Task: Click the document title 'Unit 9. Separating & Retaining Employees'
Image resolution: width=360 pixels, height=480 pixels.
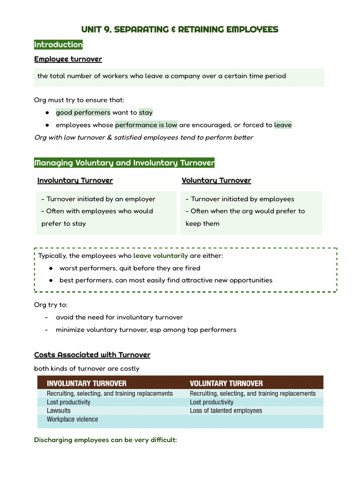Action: click(x=180, y=30)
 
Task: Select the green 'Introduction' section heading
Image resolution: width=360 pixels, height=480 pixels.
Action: click(x=58, y=45)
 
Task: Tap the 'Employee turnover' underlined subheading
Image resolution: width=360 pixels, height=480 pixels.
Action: click(x=68, y=59)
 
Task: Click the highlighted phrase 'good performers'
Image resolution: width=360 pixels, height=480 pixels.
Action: click(x=83, y=112)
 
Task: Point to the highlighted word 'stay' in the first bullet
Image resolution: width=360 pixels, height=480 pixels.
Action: click(x=145, y=112)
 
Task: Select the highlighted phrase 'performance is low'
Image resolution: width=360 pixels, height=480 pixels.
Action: click(x=146, y=125)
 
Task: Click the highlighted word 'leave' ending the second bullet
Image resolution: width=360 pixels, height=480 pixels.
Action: click(x=283, y=125)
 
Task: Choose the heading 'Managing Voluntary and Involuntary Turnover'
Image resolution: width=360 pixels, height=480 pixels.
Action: click(x=124, y=163)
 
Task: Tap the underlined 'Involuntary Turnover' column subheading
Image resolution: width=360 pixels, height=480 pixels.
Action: click(x=75, y=180)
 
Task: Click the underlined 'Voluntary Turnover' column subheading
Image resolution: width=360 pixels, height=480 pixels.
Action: click(x=216, y=180)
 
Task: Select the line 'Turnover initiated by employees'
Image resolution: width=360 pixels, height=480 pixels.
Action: click(x=240, y=199)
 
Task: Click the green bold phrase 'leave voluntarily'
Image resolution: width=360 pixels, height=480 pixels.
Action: click(x=160, y=256)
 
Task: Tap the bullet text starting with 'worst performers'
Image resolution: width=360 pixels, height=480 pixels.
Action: click(x=130, y=268)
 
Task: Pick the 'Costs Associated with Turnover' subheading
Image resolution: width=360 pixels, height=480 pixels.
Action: click(x=92, y=355)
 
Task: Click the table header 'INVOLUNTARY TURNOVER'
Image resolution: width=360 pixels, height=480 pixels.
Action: click(x=87, y=383)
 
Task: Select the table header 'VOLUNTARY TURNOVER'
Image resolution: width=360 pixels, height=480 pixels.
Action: click(x=226, y=383)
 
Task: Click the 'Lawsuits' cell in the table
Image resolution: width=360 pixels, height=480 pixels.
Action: click(x=59, y=411)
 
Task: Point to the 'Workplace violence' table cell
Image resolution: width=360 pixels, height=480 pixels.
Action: click(x=72, y=420)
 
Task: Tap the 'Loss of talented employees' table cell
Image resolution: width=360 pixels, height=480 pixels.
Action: click(x=226, y=411)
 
